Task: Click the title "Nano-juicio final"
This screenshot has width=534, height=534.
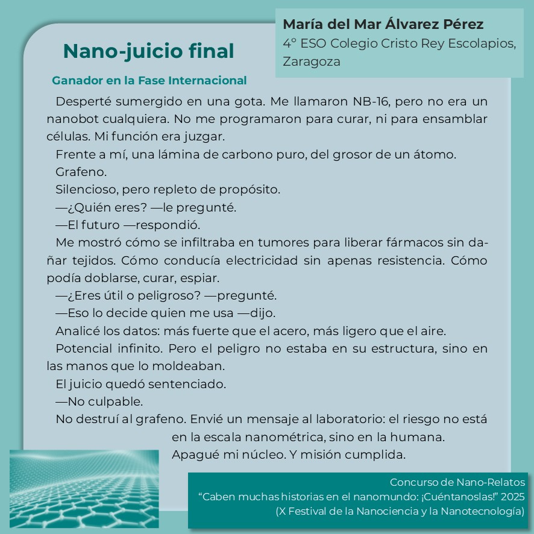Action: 148,52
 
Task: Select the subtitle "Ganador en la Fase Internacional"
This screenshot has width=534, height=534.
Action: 149,81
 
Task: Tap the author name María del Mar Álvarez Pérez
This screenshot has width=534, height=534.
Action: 383,25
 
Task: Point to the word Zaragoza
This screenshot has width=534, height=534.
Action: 312,62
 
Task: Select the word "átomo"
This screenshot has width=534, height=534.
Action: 436,154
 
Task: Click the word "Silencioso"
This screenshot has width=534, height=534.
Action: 86,190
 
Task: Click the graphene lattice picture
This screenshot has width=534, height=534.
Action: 84,488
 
